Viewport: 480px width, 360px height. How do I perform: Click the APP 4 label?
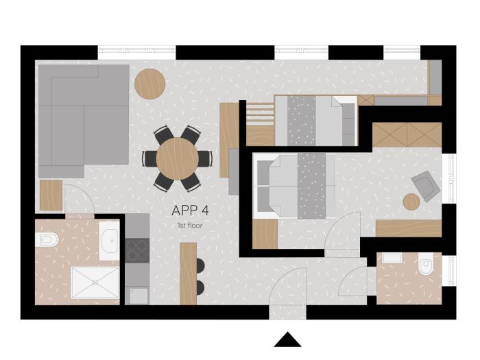(x=190, y=211)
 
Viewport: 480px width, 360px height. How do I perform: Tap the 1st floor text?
(x=190, y=226)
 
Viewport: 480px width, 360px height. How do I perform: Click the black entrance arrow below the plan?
(x=287, y=339)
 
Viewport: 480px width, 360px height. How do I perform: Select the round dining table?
(x=177, y=159)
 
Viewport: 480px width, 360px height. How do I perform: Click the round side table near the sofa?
(x=150, y=84)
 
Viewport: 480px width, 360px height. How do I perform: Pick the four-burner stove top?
(x=137, y=250)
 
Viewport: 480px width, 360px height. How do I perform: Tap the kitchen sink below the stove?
(x=139, y=296)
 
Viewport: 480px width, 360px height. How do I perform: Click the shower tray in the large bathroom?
(x=95, y=283)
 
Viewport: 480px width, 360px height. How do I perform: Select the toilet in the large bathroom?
(x=47, y=239)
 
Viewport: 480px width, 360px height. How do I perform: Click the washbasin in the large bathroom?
(x=109, y=241)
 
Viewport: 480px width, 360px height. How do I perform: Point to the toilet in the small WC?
(x=426, y=263)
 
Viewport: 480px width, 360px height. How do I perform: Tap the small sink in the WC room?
(x=392, y=258)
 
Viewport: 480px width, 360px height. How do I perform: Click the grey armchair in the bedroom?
(x=426, y=186)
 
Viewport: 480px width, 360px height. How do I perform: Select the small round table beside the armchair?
(x=411, y=202)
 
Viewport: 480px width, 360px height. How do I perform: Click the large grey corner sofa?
(x=84, y=121)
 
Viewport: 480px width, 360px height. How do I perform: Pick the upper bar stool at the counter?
(x=200, y=265)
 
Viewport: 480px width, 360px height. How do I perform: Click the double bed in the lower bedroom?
(x=294, y=186)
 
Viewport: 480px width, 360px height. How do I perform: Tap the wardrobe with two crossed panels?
(x=407, y=134)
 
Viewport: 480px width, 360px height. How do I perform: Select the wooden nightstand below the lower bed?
(x=265, y=234)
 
